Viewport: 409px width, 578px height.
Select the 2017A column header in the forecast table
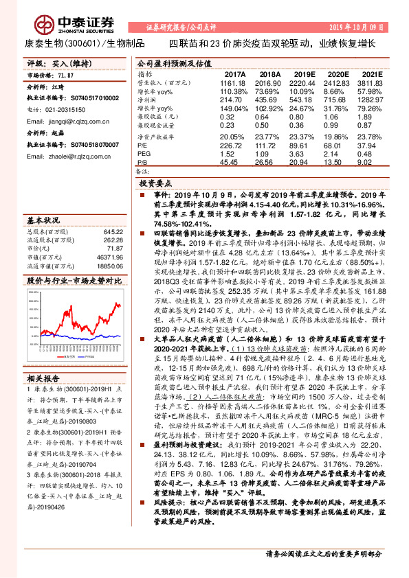click(x=235, y=73)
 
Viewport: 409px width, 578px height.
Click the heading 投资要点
click(x=155, y=185)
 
